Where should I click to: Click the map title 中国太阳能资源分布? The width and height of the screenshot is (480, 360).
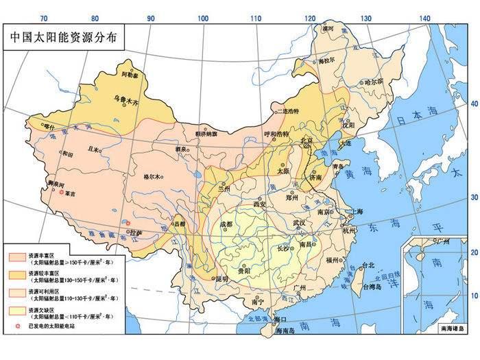tap(64, 37)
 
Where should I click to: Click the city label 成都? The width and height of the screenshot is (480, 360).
tap(226, 224)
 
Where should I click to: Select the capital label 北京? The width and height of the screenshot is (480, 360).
tap(308, 141)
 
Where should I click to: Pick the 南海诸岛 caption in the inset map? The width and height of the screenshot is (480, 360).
tap(453, 329)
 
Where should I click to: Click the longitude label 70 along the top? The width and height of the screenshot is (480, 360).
tap(45, 18)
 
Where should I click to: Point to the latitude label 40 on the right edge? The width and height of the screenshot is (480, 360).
tap(473, 104)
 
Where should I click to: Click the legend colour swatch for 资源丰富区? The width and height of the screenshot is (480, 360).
tap(16, 255)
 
